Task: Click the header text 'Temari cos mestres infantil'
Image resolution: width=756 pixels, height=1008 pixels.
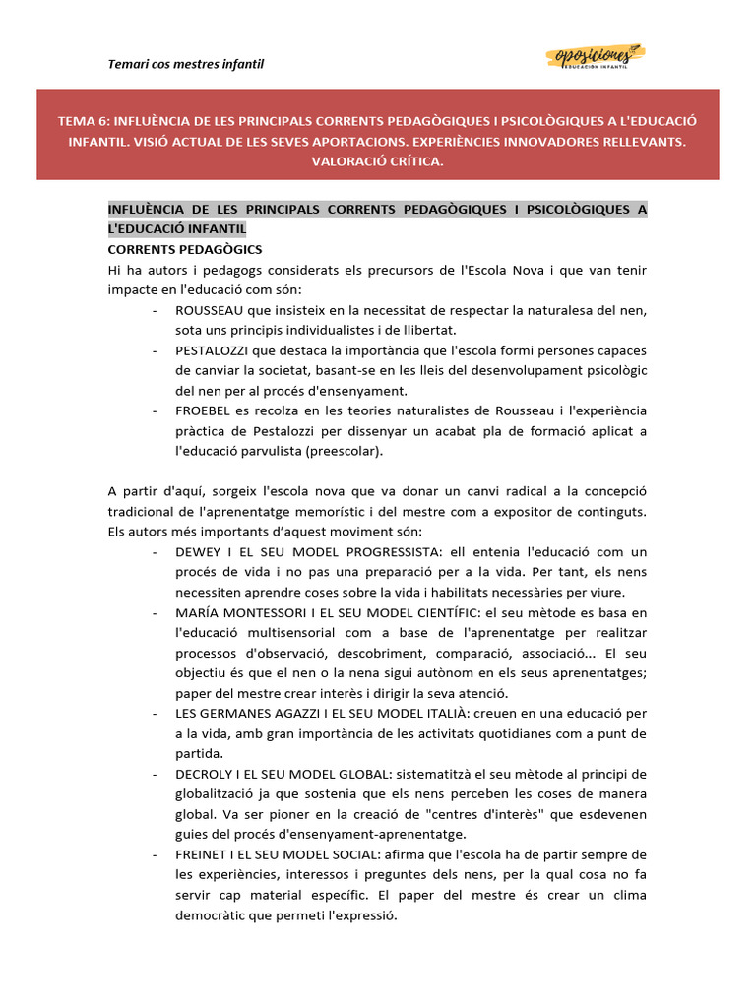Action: point(185,65)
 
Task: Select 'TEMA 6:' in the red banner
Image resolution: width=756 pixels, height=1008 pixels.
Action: point(85,121)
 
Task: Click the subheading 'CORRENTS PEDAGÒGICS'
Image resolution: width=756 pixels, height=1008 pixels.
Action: point(184,250)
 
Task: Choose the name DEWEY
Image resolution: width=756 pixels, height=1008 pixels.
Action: point(198,552)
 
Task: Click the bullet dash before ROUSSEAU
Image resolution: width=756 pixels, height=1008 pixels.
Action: point(157,310)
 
